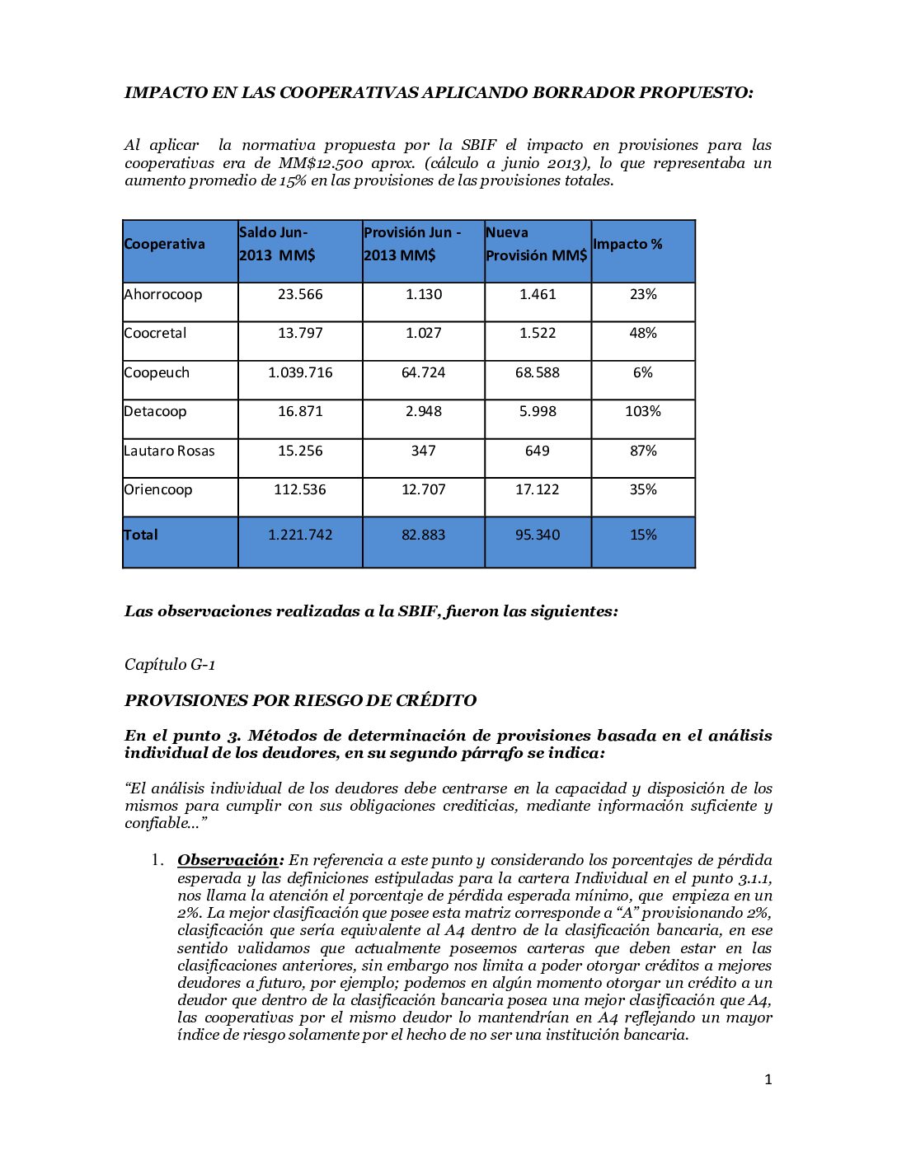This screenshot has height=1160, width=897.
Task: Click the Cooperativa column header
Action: click(165, 244)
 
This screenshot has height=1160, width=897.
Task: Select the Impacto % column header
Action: click(627, 244)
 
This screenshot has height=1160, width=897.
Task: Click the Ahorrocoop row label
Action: click(163, 294)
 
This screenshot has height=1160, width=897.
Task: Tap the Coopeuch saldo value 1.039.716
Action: click(300, 372)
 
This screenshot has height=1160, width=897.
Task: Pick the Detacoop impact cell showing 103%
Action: click(643, 411)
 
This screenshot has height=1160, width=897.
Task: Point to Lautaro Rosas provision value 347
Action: click(424, 451)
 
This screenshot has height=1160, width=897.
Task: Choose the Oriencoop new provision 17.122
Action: click(538, 489)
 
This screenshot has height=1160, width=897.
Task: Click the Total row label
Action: click(141, 535)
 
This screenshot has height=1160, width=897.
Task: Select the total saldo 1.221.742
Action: click(300, 535)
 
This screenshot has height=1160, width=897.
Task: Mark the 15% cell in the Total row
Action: click(643, 535)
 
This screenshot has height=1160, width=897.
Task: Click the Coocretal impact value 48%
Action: click(643, 333)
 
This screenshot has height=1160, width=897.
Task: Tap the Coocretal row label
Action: click(155, 333)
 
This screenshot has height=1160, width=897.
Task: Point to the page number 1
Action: click(768, 1079)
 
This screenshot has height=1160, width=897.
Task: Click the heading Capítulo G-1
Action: click(170, 664)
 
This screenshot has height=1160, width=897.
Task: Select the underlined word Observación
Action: click(228, 860)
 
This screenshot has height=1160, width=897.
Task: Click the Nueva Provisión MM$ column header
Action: click(537, 244)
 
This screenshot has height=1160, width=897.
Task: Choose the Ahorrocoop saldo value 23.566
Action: click(300, 294)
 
